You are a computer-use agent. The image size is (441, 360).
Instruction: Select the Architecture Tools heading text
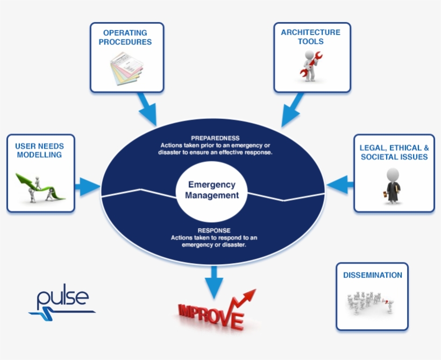coord(310,37)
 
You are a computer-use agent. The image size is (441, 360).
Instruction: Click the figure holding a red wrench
coord(310,65)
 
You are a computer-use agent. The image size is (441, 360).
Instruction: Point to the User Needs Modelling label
coord(39,150)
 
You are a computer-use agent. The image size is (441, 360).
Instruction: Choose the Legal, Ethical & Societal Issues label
coord(394,152)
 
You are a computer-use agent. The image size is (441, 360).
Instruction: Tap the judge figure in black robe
coord(393,186)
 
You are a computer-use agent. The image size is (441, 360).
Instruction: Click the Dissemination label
coord(372,275)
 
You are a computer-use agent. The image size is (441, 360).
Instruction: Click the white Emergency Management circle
coord(211,190)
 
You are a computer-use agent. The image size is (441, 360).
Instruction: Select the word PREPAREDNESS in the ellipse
coord(215,138)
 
